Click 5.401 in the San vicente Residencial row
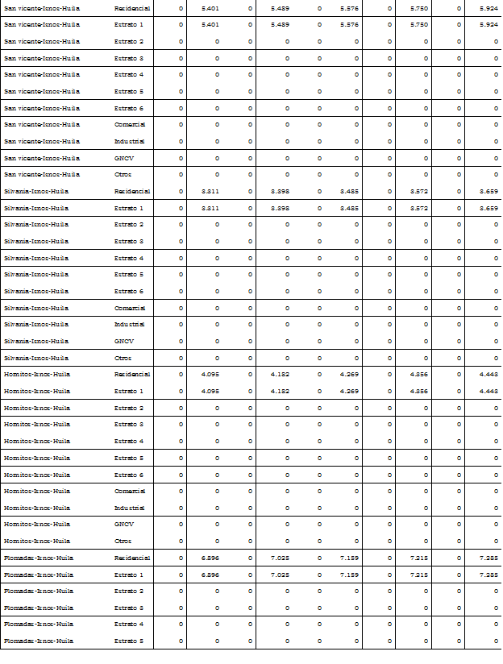point(210,7)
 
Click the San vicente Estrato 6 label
point(129,108)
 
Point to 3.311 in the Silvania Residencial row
point(210,191)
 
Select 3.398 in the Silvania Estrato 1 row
point(280,208)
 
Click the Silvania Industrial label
point(130,325)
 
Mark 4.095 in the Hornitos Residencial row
point(210,374)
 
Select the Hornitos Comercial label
point(130,491)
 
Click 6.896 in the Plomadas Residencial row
point(210,558)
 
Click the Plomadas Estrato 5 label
point(129,641)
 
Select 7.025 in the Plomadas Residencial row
point(280,558)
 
